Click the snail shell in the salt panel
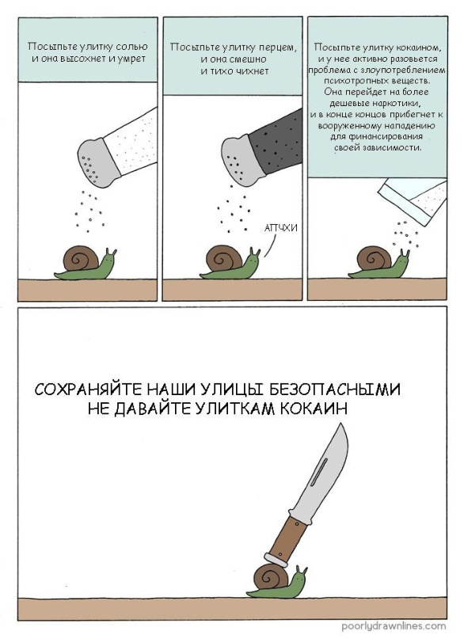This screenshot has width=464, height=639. (x=82, y=257)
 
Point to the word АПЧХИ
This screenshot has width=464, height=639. (x=280, y=228)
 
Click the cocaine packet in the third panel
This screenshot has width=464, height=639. (x=413, y=198)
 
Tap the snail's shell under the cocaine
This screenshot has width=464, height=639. (x=375, y=257)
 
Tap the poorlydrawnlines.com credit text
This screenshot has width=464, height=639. (x=393, y=626)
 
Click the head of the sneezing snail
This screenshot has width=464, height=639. (x=253, y=259)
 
